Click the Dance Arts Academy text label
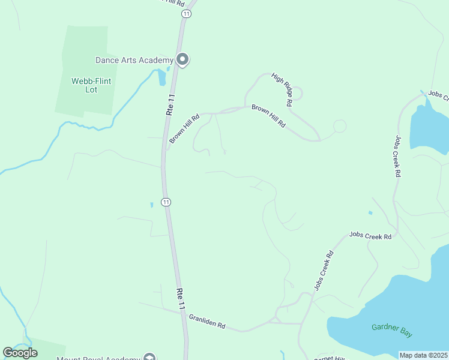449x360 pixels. coord(134,60)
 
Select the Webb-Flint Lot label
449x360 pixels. coord(91,85)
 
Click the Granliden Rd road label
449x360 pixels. coord(206,321)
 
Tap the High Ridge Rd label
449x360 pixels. coord(282,89)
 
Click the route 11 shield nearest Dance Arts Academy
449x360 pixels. coord(187,14)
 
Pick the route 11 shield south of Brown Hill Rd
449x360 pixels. coord(166,202)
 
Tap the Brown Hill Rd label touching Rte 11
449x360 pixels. coord(184,129)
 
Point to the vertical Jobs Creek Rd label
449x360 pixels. coord(397,156)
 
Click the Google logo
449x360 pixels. coord(20,353)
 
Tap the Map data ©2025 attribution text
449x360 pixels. coord(423,355)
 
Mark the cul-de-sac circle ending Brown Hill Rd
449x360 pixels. coord(340,126)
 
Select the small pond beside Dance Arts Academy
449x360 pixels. coord(161,77)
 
